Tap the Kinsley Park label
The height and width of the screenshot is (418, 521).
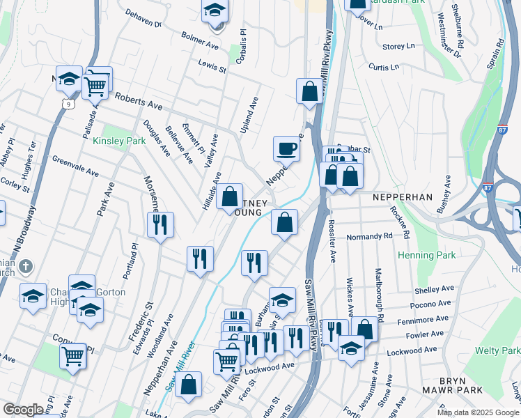point(119,141)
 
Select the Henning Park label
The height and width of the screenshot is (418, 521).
point(426,256)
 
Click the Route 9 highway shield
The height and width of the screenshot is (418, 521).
point(68,103)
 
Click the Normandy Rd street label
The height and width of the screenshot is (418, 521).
point(369,237)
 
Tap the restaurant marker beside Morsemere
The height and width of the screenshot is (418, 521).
point(160,224)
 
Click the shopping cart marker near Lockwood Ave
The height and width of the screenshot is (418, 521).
point(227,362)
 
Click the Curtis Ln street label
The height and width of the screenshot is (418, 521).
point(384,68)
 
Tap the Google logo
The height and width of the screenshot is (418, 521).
point(23,410)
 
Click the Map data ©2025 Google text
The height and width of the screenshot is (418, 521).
point(477,412)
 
